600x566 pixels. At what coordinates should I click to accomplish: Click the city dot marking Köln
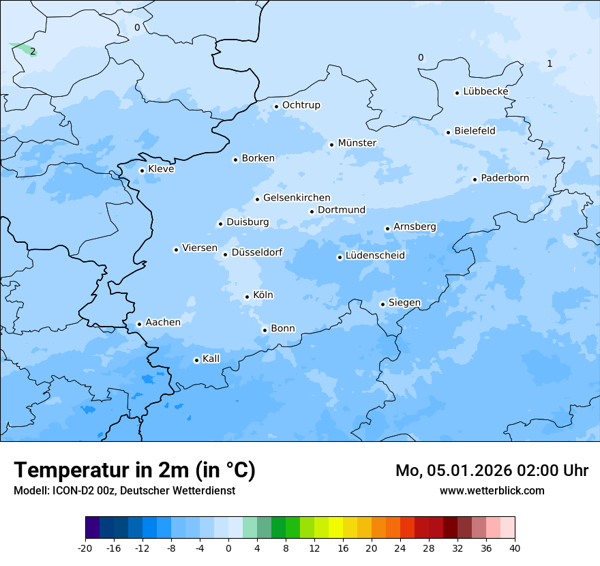point(247,297)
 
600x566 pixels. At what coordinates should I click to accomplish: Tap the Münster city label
point(357,143)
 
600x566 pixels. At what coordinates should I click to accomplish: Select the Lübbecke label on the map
point(485,91)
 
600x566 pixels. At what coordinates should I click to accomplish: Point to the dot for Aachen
point(139,324)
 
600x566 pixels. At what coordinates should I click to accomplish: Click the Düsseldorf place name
point(257,253)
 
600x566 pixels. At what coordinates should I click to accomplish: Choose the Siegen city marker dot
point(382,304)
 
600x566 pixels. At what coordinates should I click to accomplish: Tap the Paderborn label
point(505,178)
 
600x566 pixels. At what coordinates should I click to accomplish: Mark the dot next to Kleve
point(142,170)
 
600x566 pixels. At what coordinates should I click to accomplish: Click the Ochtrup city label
point(301,105)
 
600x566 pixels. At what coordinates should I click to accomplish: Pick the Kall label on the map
point(211,359)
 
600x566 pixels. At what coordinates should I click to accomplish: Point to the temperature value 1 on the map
point(550,64)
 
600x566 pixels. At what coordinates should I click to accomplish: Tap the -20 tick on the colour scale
point(85,548)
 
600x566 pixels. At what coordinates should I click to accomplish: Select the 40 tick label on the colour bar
point(515,548)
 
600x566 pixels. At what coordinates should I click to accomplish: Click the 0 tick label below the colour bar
point(228,548)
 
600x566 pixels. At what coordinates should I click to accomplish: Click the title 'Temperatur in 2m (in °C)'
point(134,470)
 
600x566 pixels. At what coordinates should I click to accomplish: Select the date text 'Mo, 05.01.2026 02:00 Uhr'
point(492,471)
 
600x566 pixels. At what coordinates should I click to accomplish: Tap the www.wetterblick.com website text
point(492,490)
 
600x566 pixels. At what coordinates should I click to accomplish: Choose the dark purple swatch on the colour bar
point(92,528)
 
